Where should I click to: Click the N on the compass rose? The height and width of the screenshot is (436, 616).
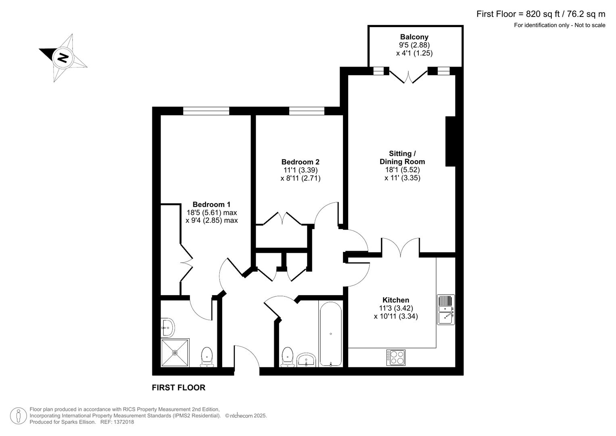(x=63, y=57)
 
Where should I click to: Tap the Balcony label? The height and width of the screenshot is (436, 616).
(x=414, y=37)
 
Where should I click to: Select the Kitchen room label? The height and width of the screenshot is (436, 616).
(x=396, y=300)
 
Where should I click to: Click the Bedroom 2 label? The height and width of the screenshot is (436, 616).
(x=300, y=162)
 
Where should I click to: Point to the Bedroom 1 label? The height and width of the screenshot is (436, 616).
(x=211, y=204)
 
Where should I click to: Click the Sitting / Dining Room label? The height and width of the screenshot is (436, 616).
(x=402, y=157)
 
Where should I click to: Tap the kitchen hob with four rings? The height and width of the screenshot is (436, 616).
(x=396, y=357)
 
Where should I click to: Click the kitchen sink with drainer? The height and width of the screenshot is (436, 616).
(x=446, y=310)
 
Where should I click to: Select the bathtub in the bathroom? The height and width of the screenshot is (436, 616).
(x=330, y=334)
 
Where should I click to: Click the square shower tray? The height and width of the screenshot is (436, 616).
(x=175, y=352)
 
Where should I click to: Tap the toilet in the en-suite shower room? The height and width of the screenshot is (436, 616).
(x=207, y=356)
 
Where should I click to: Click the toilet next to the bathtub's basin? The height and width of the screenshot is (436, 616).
(x=287, y=356)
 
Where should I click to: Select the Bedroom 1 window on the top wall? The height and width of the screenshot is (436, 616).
(x=206, y=111)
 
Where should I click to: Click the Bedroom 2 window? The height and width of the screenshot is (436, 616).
(x=307, y=111)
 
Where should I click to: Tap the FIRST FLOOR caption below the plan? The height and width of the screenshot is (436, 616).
(x=178, y=388)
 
